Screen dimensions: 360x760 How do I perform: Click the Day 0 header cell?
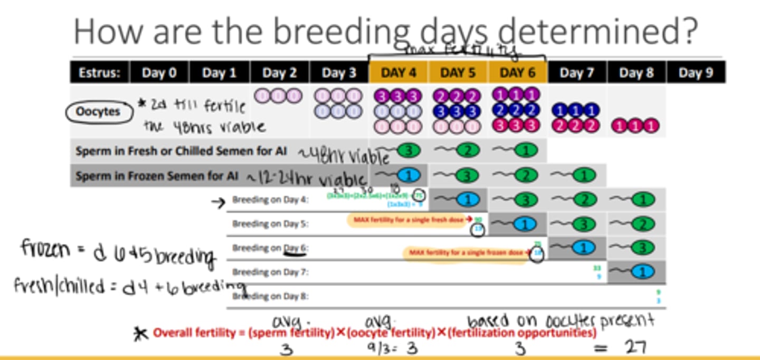(159, 73)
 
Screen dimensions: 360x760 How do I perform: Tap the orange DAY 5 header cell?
(458, 73)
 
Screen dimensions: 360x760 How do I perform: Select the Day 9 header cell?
(696, 73)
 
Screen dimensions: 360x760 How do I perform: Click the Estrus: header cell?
(100, 73)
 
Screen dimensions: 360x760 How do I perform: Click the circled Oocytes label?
(98, 112)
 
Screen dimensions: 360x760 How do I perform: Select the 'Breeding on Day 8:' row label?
(270, 297)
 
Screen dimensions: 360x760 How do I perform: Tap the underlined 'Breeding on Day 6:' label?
(270, 248)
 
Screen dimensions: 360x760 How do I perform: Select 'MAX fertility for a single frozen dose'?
(467, 252)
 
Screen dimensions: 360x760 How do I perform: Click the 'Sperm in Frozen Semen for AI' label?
(157, 176)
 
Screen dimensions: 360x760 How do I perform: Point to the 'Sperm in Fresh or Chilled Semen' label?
(181, 151)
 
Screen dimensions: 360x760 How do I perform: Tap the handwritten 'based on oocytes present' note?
(560, 320)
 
